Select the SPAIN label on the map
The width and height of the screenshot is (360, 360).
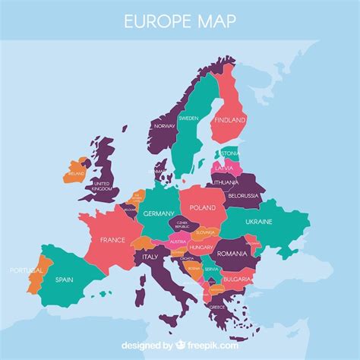(65, 279)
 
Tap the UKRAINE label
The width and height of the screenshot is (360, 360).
(259, 222)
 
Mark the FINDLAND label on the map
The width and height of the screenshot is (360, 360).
(230, 120)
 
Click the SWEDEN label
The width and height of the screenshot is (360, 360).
(189, 118)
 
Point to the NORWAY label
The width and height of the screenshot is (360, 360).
(165, 126)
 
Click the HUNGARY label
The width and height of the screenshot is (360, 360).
(201, 247)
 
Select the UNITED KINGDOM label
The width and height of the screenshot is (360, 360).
(101, 185)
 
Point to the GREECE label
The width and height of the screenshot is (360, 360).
(217, 308)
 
